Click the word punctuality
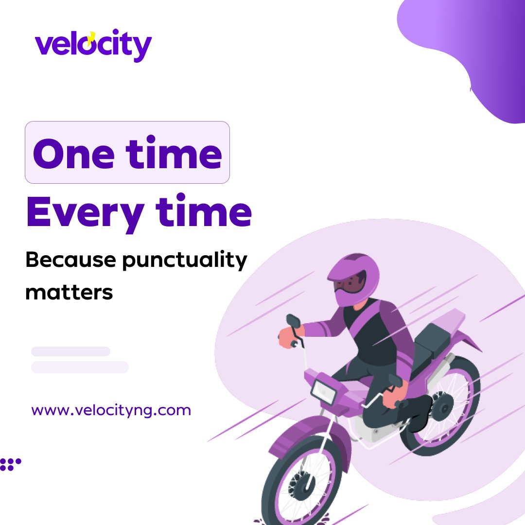point(184,261)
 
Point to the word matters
point(69,293)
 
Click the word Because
point(70,261)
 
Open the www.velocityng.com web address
point(111,410)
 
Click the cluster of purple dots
point(10,464)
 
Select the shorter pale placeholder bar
point(70,351)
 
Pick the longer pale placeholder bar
point(80,367)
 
